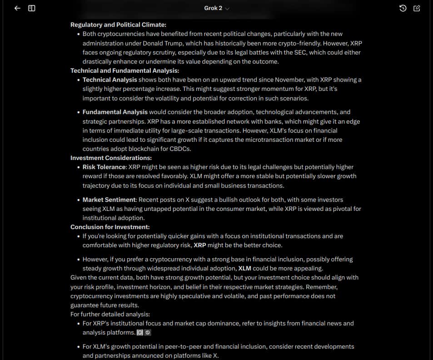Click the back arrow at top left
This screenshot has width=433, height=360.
coord(17,8)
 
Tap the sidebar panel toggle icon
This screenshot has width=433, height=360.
coord(32,8)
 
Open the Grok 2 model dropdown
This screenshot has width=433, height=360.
coord(217,8)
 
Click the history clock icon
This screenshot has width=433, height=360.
coord(403,8)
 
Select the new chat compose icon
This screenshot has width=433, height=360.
coord(417,8)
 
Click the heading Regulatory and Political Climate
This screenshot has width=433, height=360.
coord(118,25)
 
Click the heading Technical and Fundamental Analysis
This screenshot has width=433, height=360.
coord(124,70)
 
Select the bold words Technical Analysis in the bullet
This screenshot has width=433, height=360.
coord(109,80)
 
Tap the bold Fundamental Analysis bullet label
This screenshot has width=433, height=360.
coord(115,112)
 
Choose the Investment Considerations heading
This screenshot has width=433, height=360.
coord(111,158)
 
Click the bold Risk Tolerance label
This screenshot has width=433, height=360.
coord(104,167)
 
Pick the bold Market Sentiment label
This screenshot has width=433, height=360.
coord(109,200)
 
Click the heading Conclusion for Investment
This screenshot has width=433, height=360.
coord(110,227)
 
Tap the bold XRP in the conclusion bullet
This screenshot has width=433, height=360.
coord(200,245)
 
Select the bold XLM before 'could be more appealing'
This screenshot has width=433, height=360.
coord(245,268)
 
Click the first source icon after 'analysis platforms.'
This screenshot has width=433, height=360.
coord(140,332)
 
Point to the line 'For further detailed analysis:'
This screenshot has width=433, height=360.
coord(110,314)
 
